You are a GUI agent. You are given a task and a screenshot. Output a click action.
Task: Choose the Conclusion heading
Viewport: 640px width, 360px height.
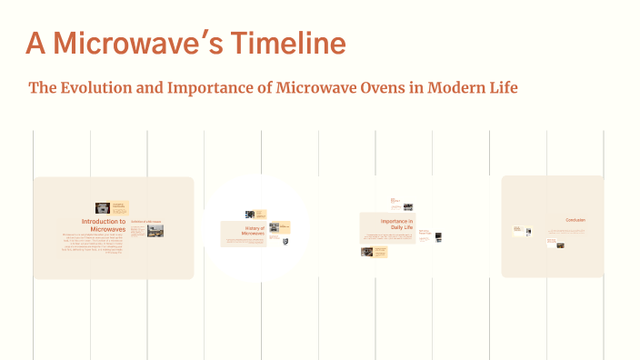(x=575, y=220)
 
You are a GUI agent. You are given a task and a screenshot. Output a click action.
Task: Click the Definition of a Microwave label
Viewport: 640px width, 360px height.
(x=145, y=221)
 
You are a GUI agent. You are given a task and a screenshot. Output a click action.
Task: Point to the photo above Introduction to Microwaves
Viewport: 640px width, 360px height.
(x=103, y=208)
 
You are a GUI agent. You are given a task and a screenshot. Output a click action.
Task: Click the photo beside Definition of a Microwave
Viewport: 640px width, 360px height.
(x=155, y=231)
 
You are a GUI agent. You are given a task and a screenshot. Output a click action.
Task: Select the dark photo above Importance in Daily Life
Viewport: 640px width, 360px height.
(x=408, y=207)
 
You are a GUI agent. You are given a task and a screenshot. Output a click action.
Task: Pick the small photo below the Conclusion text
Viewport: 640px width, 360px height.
(x=560, y=244)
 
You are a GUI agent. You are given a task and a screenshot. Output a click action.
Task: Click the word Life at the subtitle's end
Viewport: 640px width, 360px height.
(x=505, y=88)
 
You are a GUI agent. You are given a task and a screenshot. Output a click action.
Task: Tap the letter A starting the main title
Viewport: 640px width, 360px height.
(x=35, y=43)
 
